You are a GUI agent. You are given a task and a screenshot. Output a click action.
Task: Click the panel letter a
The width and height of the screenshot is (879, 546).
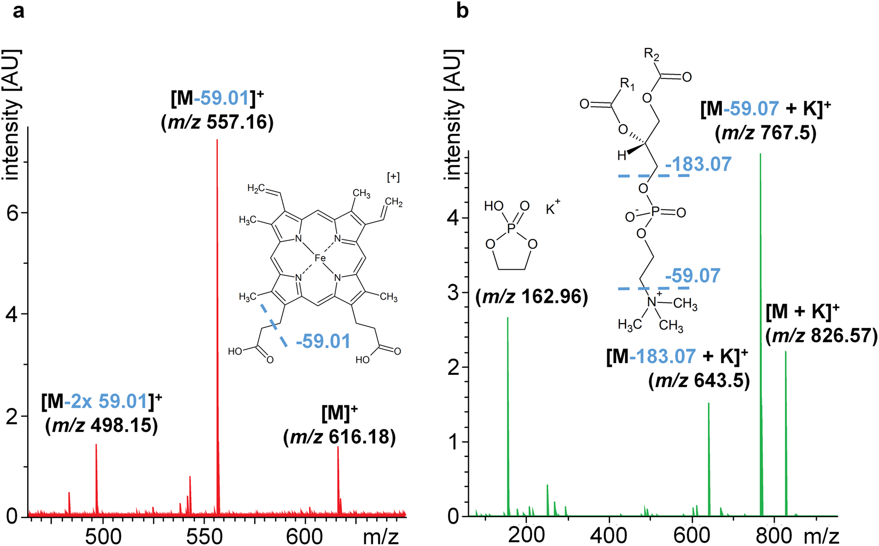18,11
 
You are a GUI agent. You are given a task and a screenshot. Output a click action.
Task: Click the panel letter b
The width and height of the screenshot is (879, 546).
462,11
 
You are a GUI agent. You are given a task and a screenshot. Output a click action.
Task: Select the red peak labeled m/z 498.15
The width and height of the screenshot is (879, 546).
96,480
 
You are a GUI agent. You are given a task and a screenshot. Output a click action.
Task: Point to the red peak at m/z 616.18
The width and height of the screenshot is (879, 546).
338,480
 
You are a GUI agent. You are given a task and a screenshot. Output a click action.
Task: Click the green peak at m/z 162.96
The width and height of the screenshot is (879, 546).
508,416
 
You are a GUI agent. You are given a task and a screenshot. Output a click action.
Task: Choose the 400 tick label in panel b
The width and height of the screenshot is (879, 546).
609,535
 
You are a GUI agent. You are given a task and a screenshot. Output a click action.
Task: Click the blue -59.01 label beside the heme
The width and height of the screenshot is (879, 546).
323,341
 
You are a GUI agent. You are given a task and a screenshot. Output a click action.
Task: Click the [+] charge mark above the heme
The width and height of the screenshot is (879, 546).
393,177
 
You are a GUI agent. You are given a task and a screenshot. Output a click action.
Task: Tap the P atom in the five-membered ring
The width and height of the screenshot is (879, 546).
512,228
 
